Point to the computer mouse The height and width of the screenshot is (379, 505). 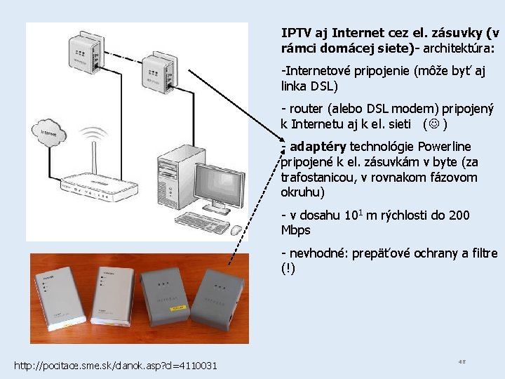236,229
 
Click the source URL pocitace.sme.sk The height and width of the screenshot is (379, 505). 116,366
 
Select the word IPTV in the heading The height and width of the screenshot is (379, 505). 295,33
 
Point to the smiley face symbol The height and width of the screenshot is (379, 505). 434,124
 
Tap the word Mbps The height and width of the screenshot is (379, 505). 295,230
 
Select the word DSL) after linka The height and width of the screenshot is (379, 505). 324,86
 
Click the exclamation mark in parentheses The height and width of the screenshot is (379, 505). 288,268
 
